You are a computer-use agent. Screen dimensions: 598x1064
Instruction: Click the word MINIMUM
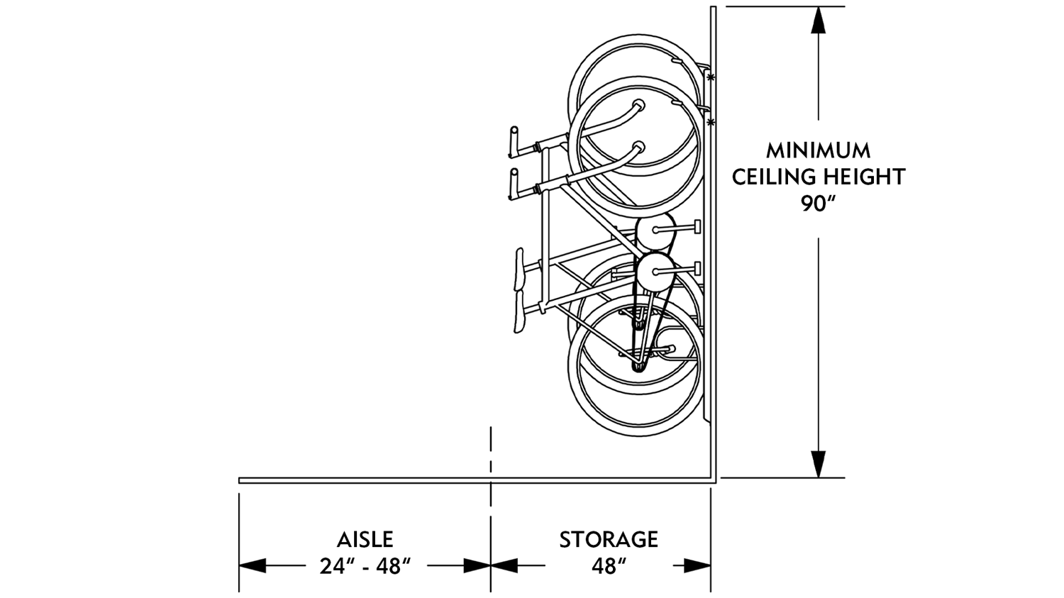click(x=818, y=150)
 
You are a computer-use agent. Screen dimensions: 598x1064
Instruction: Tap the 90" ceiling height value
click(x=818, y=204)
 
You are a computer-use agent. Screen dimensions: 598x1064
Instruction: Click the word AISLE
click(x=365, y=540)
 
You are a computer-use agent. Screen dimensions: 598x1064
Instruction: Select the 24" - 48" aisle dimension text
click(x=365, y=566)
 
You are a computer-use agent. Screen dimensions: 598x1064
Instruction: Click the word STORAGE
click(x=609, y=540)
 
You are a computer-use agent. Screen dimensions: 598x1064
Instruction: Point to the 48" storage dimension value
click(x=609, y=566)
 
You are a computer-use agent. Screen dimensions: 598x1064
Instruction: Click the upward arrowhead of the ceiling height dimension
click(x=819, y=21)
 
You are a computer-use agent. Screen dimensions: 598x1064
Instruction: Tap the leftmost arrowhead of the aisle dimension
click(x=253, y=565)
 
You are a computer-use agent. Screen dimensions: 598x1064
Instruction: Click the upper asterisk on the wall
click(x=711, y=77)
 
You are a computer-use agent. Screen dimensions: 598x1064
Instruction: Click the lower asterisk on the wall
click(x=711, y=123)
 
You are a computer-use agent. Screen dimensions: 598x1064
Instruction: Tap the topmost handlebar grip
click(x=512, y=140)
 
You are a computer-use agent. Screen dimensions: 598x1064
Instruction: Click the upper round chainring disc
click(x=654, y=230)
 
